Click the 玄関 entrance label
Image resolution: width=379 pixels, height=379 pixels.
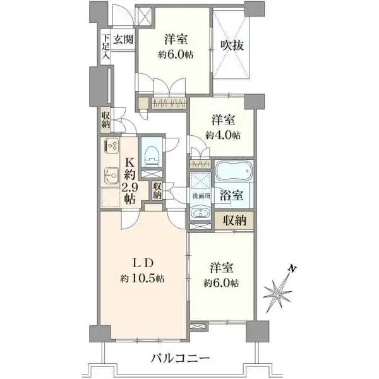pyautogui.click(x=124, y=39)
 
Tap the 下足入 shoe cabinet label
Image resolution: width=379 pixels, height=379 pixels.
pyautogui.click(x=105, y=47)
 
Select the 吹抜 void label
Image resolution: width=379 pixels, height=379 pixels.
pyautogui.click(x=232, y=45)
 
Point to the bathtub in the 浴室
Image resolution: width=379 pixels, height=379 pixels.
pyautogui.click(x=234, y=171)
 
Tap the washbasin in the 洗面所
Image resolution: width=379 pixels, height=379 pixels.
pyautogui.click(x=200, y=213)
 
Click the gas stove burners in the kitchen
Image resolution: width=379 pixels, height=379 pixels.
pyautogui.click(x=112, y=145)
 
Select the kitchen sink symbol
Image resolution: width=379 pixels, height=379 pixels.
pyautogui.click(x=111, y=176)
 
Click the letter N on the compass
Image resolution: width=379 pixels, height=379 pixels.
pyautogui.click(x=292, y=268)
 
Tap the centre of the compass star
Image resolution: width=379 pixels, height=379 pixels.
pyautogui.click(x=278, y=292)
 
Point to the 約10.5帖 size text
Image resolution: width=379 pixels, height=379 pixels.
pyautogui.click(x=143, y=279)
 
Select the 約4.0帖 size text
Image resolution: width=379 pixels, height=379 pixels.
pyautogui.click(x=223, y=135)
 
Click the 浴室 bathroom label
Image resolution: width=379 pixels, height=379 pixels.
pyautogui.click(x=231, y=195)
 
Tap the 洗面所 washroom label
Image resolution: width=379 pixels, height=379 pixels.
pyautogui.click(x=201, y=196)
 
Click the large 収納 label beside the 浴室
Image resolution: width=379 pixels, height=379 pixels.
pyautogui.click(x=235, y=220)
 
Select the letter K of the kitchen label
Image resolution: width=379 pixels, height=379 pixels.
pyautogui.click(x=129, y=162)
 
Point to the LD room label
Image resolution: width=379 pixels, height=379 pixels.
pyautogui.click(x=143, y=263)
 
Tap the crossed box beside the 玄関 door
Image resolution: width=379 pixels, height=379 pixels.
pyautogui.click(x=144, y=16)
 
